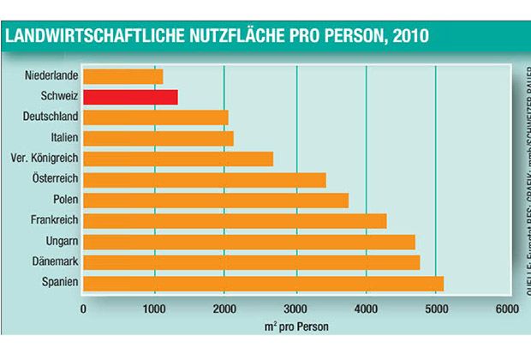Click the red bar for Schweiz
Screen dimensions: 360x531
[x=130, y=96]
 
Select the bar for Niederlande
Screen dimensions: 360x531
[x=123, y=76]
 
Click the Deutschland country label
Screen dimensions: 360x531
[x=53, y=117]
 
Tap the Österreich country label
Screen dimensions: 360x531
[x=56, y=178]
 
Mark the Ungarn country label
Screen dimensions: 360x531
[x=63, y=241]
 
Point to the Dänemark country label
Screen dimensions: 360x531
[x=57, y=261]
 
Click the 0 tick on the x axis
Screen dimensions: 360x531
[x=83, y=308]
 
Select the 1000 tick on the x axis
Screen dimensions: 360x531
[x=154, y=308]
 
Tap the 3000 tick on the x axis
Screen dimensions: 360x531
[x=295, y=308]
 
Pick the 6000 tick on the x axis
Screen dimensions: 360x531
[x=507, y=308]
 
